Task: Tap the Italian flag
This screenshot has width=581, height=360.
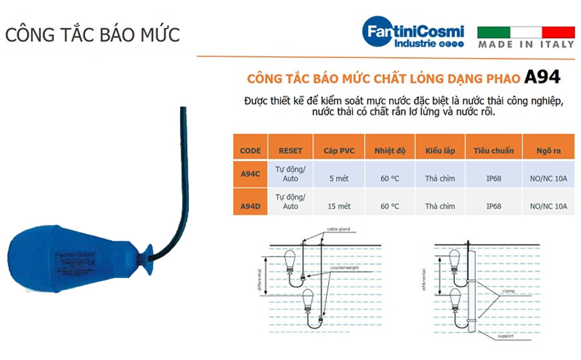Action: pos(525,32)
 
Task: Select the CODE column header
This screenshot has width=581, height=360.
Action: pos(250,151)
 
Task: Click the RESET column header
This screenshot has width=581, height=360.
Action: pos(290,151)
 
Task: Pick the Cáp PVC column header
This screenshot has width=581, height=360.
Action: pos(339,151)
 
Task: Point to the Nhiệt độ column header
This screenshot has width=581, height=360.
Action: pos(390,151)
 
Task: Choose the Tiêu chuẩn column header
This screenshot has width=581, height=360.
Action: pos(494,151)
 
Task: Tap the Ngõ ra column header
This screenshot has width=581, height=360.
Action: pos(547,151)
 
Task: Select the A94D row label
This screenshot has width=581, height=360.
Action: pos(250,206)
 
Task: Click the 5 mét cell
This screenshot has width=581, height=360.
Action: pos(339,178)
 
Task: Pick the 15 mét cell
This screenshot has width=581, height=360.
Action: pos(339,206)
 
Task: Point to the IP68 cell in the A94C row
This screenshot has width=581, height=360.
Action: pos(494,178)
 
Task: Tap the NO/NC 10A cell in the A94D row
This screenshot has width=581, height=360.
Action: pos(547,206)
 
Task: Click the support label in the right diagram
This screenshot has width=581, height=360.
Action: pos(504,335)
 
